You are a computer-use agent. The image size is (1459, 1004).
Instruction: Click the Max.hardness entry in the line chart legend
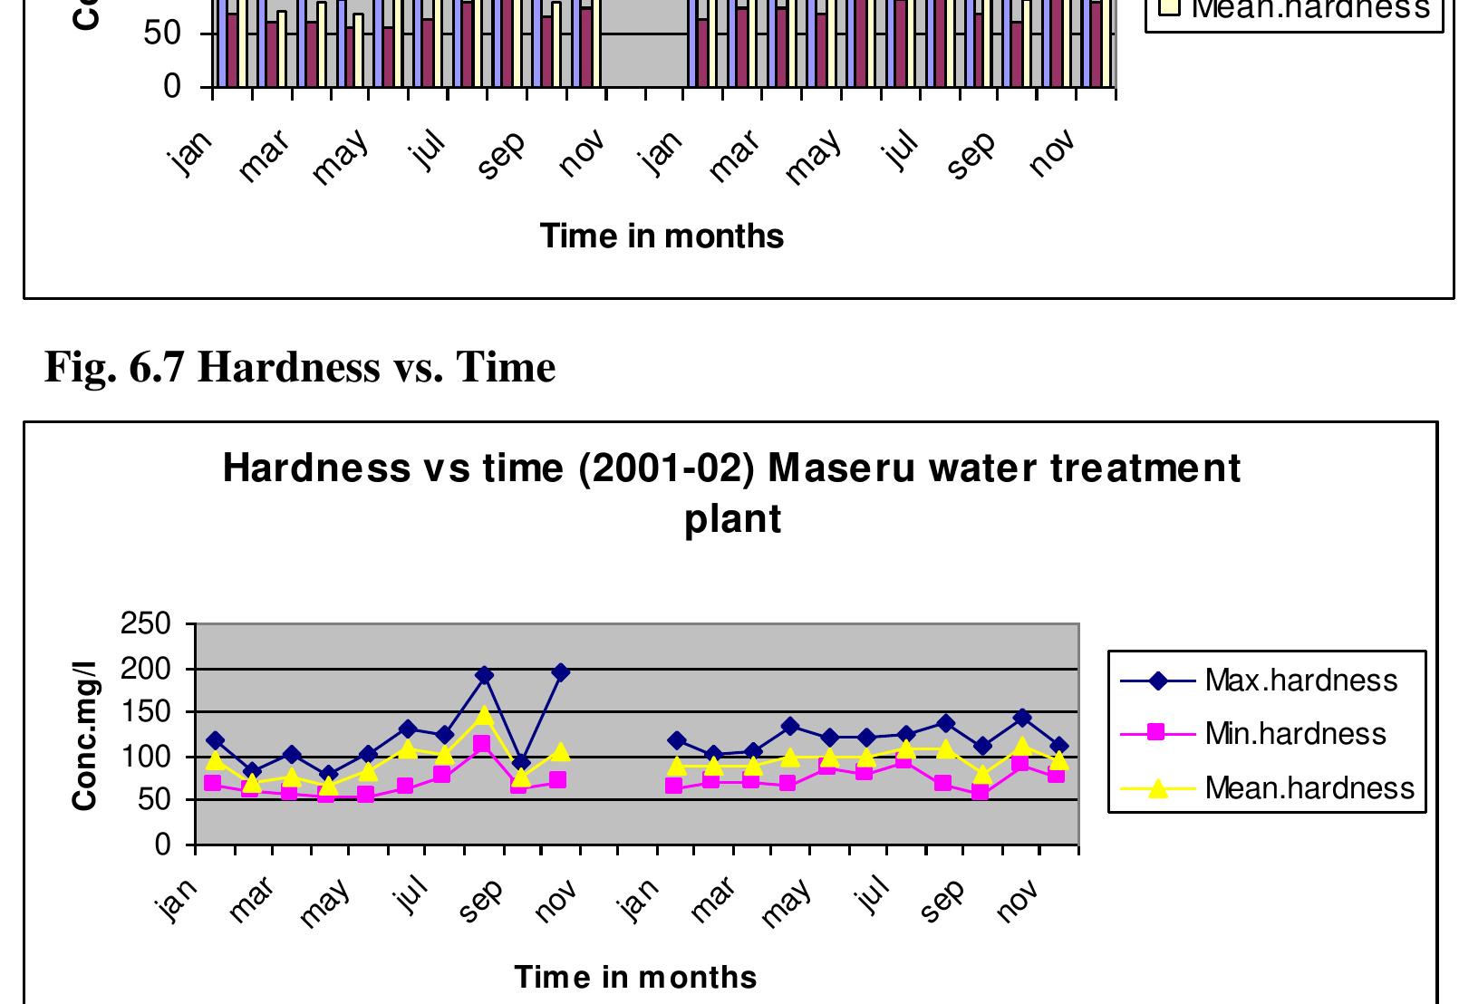coord(1300,681)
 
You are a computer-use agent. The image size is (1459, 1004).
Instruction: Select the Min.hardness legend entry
coord(1295,733)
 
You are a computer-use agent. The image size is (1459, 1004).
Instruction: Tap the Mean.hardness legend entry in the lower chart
coord(1309,788)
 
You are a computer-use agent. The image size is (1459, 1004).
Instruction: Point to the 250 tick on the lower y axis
coord(146,624)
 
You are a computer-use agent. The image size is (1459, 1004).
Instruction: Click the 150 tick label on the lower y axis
coord(146,712)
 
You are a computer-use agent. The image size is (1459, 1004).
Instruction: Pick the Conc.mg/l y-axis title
coord(85,735)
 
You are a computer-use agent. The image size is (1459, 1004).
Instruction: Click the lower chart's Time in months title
coord(635,977)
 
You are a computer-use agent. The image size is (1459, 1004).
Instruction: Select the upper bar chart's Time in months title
coord(662,236)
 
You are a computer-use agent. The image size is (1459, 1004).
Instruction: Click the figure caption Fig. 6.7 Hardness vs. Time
coord(300,367)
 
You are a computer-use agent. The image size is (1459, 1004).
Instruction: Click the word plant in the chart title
coord(732,519)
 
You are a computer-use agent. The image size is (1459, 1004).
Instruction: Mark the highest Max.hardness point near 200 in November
coord(560,672)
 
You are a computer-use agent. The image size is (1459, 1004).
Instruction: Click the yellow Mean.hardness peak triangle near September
coord(484,716)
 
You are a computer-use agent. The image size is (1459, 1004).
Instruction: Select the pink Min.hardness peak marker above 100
coord(482,744)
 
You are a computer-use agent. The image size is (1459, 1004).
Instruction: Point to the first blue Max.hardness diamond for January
coord(215,741)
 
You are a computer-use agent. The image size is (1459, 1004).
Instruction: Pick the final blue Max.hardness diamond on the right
coord(1058,747)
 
